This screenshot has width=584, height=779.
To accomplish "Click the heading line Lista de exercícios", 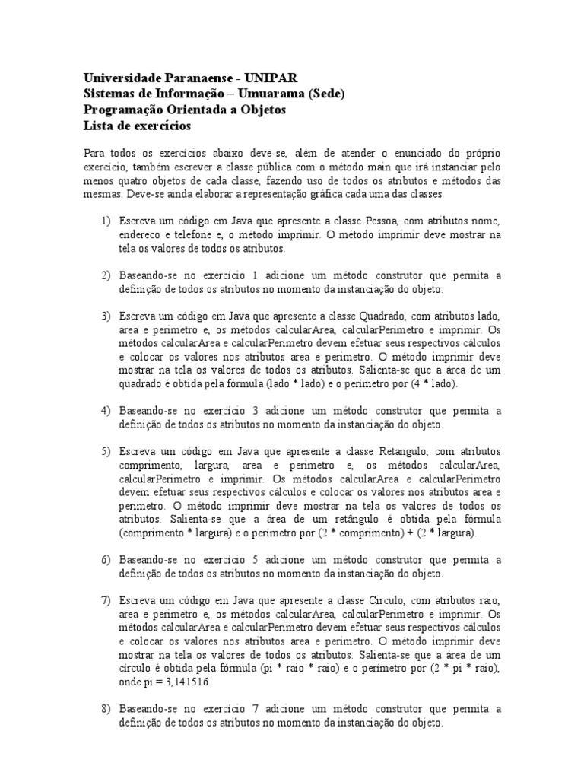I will (x=136, y=126).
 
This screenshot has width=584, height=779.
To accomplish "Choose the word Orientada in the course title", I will (x=192, y=110).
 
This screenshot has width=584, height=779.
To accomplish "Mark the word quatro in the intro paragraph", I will (x=132, y=180).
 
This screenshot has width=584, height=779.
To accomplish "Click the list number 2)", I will (x=106, y=275).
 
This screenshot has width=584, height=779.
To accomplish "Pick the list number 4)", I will (x=106, y=411).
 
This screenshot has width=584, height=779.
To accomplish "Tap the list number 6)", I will (x=106, y=560).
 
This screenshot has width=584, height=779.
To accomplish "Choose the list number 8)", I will (x=106, y=709).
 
